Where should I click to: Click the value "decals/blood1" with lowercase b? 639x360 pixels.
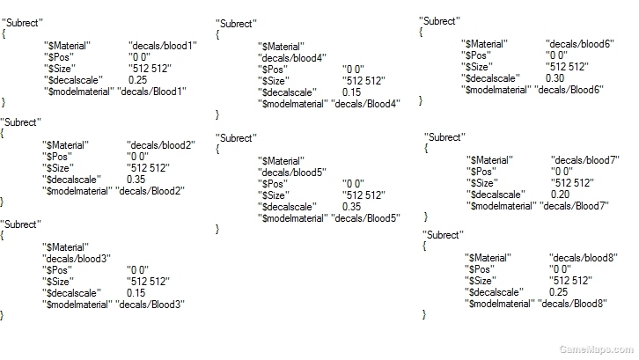[163, 46]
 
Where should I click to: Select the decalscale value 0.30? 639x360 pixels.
[555, 77]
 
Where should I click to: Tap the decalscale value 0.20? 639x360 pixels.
[560, 194]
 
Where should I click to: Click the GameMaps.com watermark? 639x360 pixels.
[596, 349]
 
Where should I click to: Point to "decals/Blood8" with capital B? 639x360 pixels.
[572, 304]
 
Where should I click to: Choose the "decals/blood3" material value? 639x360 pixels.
[77, 259]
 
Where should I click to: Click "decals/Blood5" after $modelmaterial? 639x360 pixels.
[365, 218]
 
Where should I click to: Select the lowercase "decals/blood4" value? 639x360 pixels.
[292, 58]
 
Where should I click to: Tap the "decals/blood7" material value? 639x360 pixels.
[585, 160]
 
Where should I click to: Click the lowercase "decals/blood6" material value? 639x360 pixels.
[580, 44]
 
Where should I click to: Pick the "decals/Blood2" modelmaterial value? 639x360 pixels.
[150, 191]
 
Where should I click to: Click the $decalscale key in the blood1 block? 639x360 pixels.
[73, 80]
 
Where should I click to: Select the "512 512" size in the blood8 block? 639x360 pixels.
[570, 281]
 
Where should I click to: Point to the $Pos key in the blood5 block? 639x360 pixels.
[273, 183]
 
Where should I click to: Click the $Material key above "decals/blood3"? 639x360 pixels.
[66, 247]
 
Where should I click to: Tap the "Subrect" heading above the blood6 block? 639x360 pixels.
[440, 21]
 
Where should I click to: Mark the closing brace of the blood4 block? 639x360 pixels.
[217, 114]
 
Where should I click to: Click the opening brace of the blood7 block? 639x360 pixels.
[426, 148]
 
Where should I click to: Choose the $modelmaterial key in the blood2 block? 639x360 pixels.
[77, 191]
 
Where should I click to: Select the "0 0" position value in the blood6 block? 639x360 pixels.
[556, 55]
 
